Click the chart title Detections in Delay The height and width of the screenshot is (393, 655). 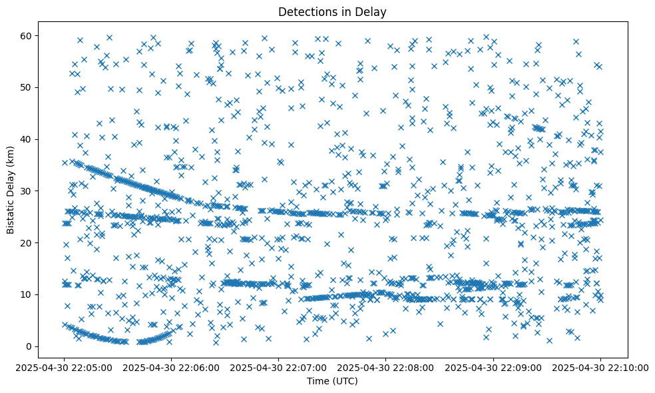pos(332,11)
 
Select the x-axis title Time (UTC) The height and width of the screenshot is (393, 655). pos(332,381)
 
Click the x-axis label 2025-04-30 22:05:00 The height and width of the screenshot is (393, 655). pos(65,367)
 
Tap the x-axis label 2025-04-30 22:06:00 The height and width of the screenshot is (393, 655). pos(172,367)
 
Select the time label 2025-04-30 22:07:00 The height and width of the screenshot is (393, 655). pos(279,367)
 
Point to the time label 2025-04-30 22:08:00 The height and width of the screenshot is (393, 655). pos(386,367)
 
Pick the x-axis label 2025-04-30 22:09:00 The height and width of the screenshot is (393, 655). pos(493,367)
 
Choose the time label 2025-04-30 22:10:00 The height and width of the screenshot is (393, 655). pos(600,367)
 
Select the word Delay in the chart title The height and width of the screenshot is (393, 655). pos(373,11)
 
